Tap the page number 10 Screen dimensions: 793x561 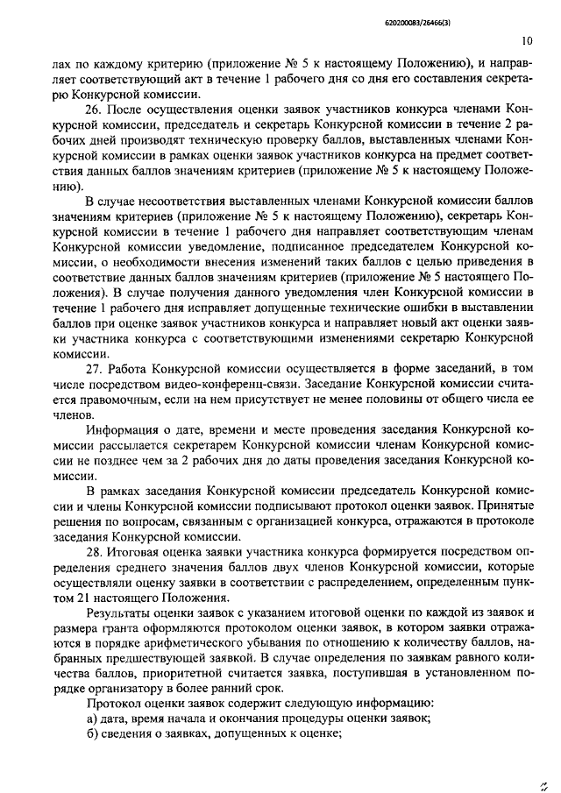[525, 40]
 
